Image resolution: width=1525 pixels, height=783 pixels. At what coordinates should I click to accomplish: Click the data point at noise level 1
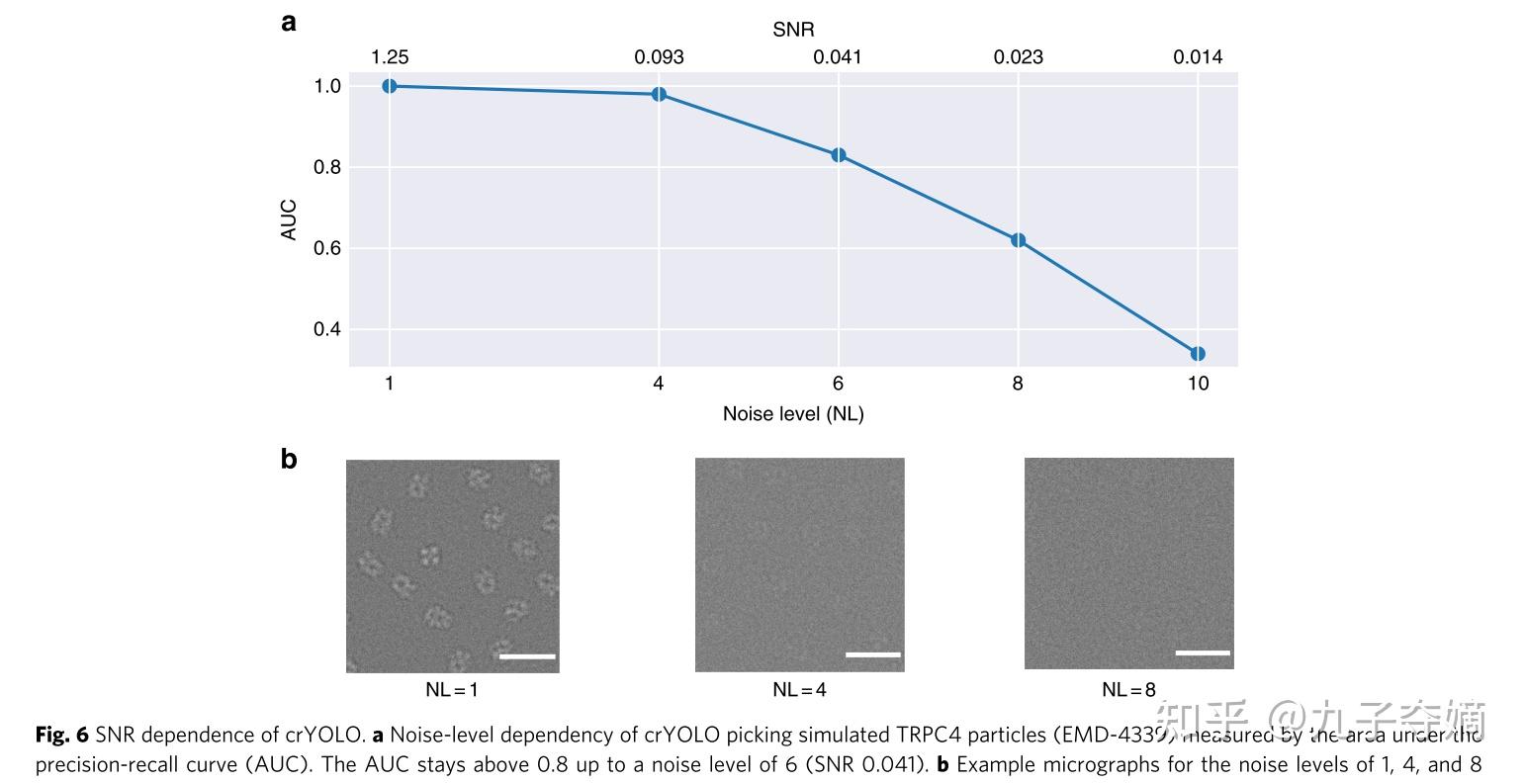(390, 86)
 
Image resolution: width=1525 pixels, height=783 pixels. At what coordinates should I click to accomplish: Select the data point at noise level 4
(659, 95)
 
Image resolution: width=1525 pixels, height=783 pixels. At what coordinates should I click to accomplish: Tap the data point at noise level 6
(839, 155)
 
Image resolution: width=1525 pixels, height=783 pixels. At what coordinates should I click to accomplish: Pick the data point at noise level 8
(1018, 240)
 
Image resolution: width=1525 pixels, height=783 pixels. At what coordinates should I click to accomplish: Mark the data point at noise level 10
(1198, 354)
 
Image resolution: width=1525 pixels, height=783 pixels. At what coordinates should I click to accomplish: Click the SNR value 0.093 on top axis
(659, 57)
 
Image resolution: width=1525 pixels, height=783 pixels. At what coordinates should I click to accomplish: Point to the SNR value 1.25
(390, 57)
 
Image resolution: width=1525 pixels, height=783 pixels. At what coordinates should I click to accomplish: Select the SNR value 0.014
(1198, 57)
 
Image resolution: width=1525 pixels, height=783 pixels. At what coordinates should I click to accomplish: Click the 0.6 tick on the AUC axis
(327, 248)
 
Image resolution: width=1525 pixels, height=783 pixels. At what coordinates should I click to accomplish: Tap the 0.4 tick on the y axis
(327, 329)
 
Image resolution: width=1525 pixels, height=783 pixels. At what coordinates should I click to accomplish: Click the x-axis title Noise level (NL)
(793, 413)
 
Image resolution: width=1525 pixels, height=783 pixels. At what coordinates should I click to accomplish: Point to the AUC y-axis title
(289, 220)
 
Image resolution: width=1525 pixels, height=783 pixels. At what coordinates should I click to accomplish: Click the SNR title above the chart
(793, 30)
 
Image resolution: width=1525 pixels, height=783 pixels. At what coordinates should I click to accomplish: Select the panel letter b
(289, 459)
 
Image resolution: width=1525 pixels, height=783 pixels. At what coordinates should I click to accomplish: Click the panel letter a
(289, 23)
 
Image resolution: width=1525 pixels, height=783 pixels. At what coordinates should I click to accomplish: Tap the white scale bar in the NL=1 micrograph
(527, 655)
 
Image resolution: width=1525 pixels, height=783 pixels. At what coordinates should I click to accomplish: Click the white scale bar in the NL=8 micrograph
(1203, 652)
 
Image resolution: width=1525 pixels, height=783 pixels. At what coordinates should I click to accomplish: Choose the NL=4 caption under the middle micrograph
(799, 690)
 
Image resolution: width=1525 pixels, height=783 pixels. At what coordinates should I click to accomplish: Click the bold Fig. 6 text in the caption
(62, 735)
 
